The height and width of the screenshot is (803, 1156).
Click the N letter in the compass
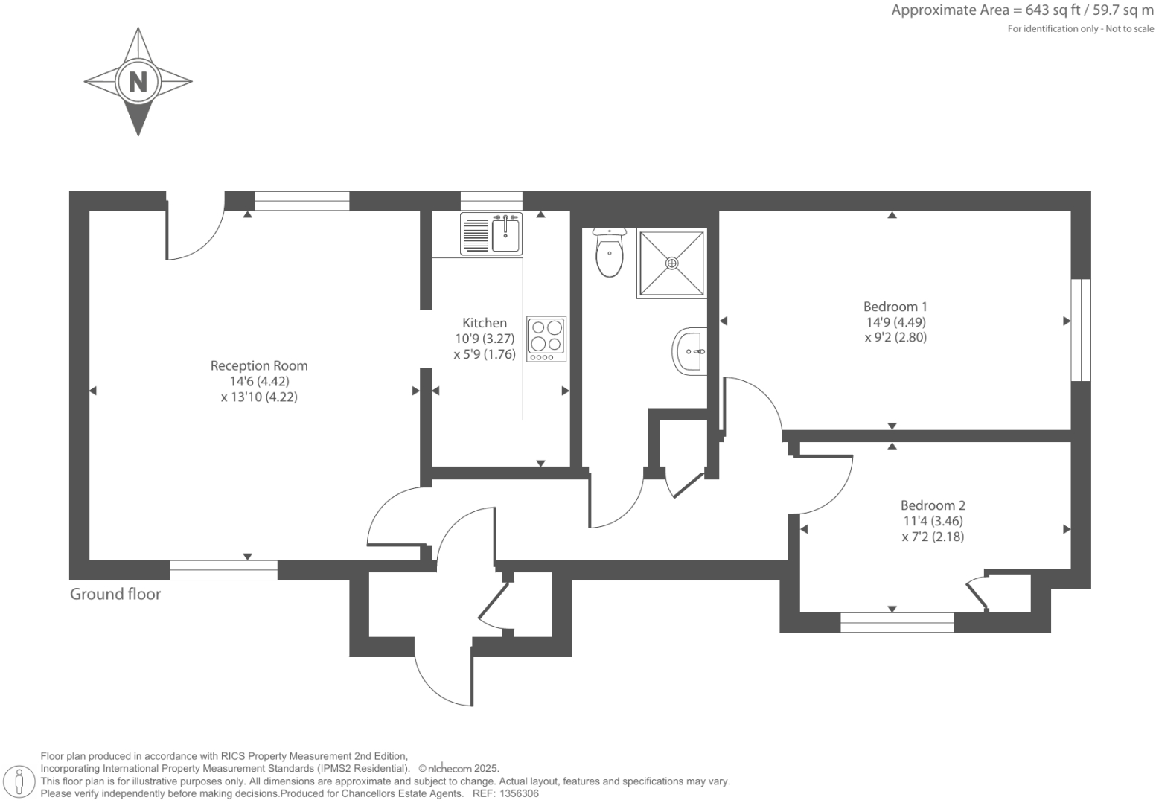tap(138, 81)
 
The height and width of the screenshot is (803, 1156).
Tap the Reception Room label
tap(259, 365)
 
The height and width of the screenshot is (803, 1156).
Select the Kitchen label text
tap(485, 323)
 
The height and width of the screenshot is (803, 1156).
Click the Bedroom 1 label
tap(895, 307)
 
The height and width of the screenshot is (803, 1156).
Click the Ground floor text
tap(115, 594)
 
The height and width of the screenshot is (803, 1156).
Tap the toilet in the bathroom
tap(609, 254)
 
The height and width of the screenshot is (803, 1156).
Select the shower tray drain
tap(672, 263)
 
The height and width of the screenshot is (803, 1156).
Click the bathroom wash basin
tap(691, 351)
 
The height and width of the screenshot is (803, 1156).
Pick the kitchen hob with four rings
tap(546, 339)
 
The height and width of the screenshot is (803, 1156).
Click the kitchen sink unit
tap(492, 233)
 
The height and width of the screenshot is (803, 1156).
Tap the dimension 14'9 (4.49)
tap(895, 322)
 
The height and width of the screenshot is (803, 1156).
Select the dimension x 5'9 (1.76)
tap(485, 354)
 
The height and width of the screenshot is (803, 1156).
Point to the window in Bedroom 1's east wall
tap(1081, 330)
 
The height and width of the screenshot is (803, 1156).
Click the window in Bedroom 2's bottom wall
tap(897, 622)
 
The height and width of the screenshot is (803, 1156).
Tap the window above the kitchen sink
tap(491, 200)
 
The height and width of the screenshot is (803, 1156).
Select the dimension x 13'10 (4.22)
tap(259, 397)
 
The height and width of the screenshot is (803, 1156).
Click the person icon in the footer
tap(20, 781)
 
